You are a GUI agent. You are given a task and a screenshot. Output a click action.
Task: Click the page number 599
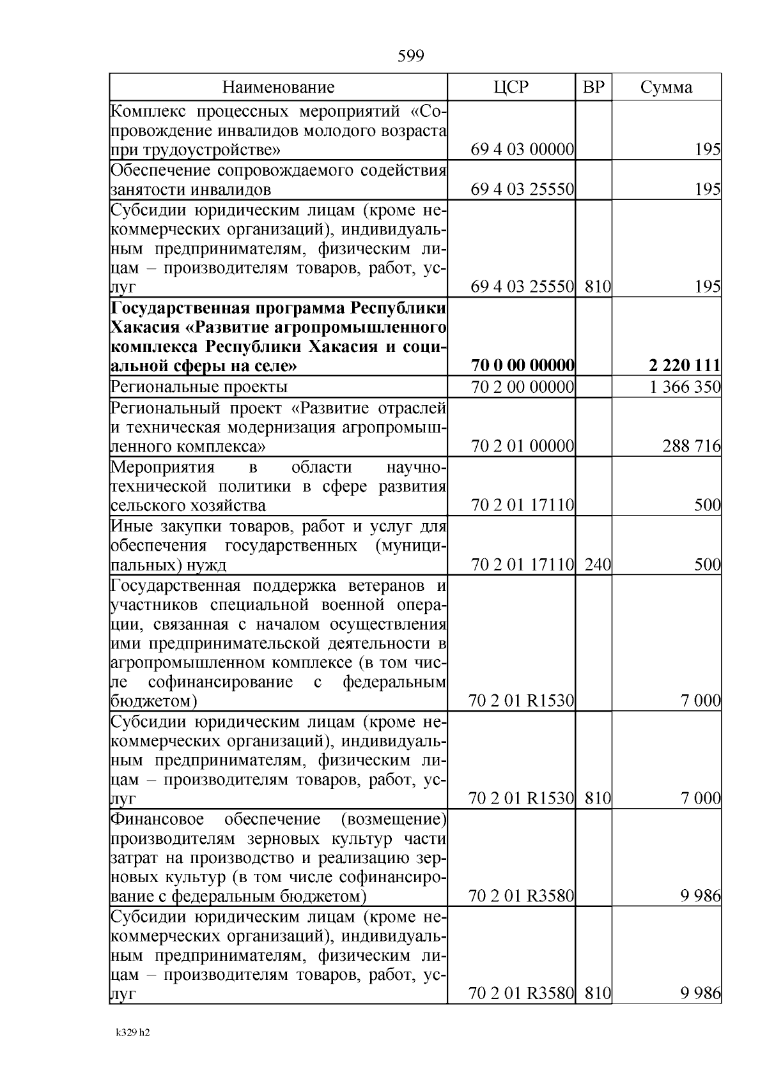click(410, 57)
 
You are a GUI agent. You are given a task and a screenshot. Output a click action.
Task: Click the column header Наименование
click(278, 88)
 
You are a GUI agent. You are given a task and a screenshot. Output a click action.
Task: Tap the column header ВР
click(593, 88)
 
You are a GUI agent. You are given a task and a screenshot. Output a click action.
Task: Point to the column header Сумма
click(666, 88)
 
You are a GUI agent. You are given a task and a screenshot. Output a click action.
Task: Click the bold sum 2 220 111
click(684, 366)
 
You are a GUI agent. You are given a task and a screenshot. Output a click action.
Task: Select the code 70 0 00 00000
click(522, 366)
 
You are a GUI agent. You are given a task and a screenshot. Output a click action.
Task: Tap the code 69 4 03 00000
click(522, 150)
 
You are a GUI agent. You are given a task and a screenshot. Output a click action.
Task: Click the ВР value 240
click(598, 565)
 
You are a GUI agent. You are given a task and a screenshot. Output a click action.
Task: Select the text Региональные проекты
click(199, 387)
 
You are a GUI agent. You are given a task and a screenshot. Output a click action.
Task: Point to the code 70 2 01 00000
click(522, 446)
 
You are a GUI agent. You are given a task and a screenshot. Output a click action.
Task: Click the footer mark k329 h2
click(132, 1032)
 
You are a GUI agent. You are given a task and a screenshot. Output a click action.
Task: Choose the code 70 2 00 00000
click(522, 386)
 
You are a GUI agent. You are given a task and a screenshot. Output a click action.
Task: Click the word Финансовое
click(157, 820)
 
